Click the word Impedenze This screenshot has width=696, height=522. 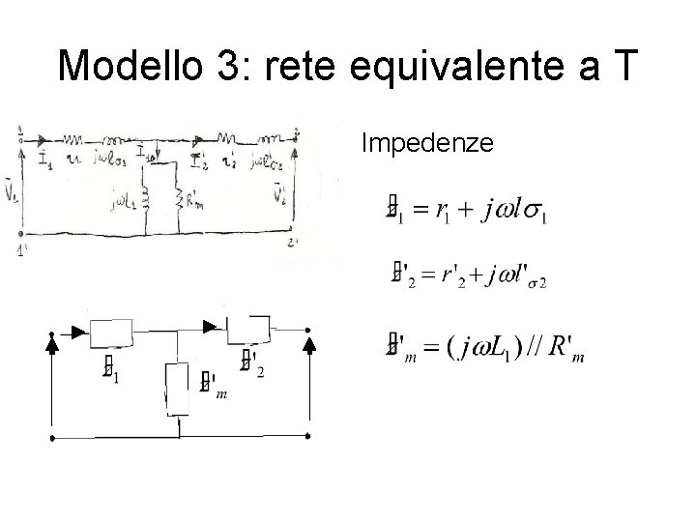(x=427, y=144)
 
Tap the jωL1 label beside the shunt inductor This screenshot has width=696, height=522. (x=126, y=201)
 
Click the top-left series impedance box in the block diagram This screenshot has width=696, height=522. (x=117, y=333)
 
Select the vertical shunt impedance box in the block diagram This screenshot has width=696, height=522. (x=179, y=388)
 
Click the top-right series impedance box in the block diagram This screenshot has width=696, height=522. (x=251, y=331)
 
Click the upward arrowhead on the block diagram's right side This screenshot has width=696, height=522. (x=309, y=340)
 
